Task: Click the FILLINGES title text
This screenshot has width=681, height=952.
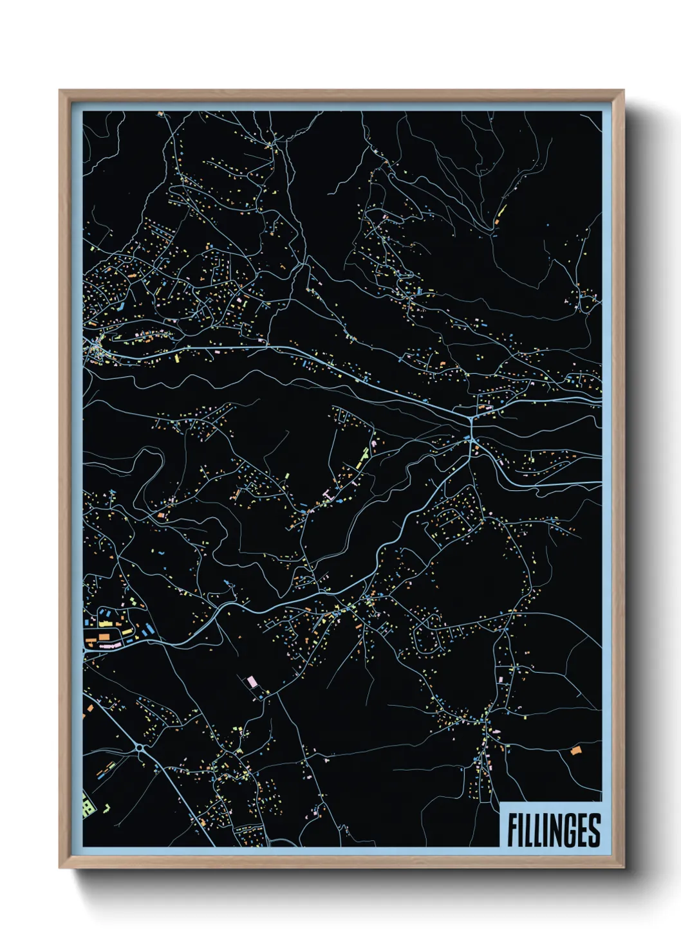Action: click(x=553, y=830)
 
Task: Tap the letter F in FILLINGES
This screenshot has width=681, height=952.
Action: click(x=512, y=830)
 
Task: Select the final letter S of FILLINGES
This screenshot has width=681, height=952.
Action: click(x=593, y=830)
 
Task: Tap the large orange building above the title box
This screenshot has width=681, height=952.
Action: click(x=575, y=750)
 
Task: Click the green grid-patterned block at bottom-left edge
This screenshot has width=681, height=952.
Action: click(x=87, y=805)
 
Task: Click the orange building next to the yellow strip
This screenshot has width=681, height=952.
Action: click(x=496, y=222)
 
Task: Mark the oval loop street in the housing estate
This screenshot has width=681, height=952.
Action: click(x=429, y=634)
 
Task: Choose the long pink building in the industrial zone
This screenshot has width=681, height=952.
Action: click(x=109, y=643)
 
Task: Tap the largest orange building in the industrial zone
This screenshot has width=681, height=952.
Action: click(x=103, y=636)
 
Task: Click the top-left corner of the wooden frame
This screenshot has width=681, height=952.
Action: click(x=61, y=92)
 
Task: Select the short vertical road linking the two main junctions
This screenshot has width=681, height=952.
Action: click(x=472, y=429)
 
